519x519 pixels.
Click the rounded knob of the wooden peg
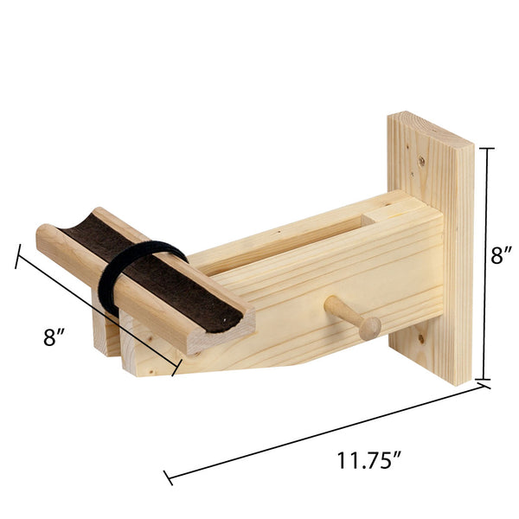[x=371, y=327]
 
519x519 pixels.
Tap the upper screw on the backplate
[x=421, y=160]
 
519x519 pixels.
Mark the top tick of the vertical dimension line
[x=487, y=148]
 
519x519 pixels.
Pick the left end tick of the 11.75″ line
[x=168, y=476]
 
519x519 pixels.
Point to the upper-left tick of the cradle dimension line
[x=17, y=257]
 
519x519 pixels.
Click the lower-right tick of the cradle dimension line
[x=176, y=367]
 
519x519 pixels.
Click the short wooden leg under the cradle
[x=106, y=333]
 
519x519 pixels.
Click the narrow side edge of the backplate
[x=458, y=259]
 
